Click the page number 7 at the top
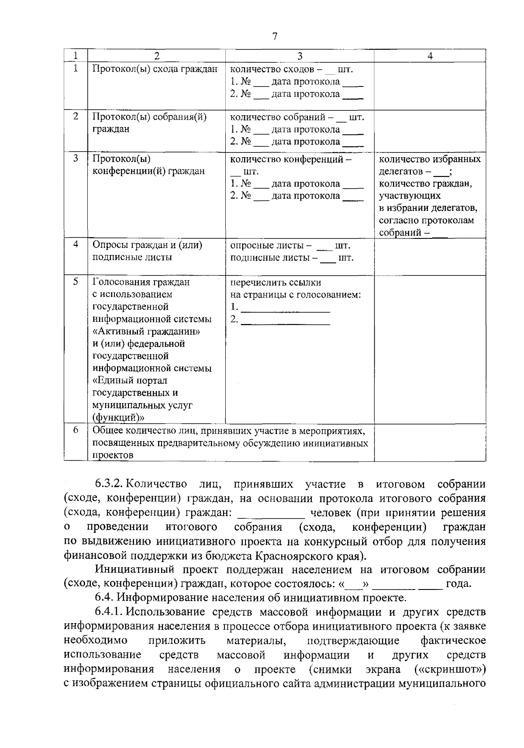coord(274,37)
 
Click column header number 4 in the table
coord(430,55)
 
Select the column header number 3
coord(300,55)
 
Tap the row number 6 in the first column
coord(76,430)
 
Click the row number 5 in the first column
coord(76,282)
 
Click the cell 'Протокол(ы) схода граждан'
coord(155,69)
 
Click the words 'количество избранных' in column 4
coord(430,159)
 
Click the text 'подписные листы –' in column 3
coord(273,258)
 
